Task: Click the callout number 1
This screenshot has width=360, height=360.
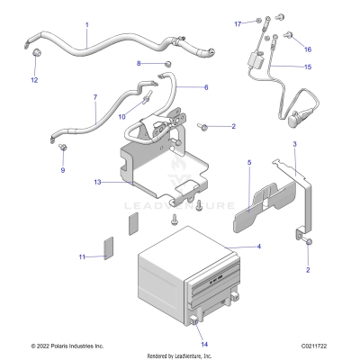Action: tap(86, 24)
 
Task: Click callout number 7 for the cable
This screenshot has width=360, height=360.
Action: tap(95, 95)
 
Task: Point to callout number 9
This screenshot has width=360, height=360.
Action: tap(63, 169)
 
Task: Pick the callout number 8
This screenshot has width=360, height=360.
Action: tap(139, 63)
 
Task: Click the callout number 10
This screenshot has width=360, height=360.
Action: tap(122, 117)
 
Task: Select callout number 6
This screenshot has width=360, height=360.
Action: tap(205, 87)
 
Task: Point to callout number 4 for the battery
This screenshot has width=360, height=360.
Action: tap(259, 246)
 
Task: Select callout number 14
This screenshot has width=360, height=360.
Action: tap(204, 344)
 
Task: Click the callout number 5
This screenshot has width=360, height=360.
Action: tap(224, 164)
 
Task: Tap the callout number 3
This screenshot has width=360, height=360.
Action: tap(294, 144)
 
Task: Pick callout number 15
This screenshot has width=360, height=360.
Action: tap(308, 67)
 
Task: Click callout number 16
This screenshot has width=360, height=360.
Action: tap(308, 49)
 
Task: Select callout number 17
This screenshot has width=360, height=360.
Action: tap(238, 23)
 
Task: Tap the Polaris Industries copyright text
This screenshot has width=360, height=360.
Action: tap(67, 346)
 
